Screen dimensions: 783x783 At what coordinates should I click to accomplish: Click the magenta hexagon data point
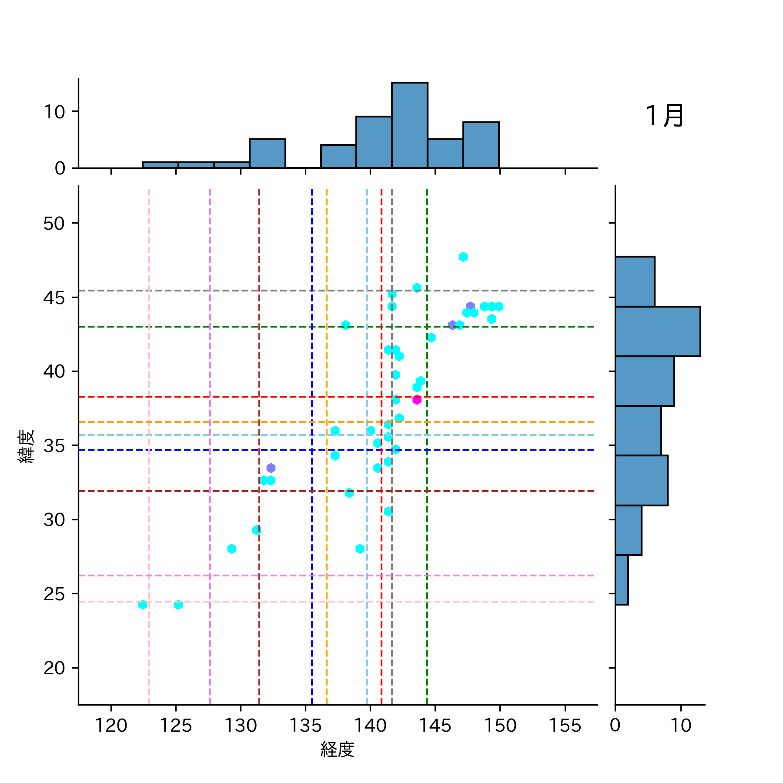pyautogui.click(x=417, y=399)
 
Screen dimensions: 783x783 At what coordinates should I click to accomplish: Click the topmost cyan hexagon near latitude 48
pyautogui.click(x=463, y=257)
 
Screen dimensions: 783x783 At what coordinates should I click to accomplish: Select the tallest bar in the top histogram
pyautogui.click(x=409, y=125)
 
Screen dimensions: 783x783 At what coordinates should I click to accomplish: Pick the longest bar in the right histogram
pyautogui.click(x=657, y=331)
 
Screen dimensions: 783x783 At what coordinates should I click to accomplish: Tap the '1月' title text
pyautogui.click(x=664, y=116)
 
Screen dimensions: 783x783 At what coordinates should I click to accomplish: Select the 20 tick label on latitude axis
pyautogui.click(x=54, y=668)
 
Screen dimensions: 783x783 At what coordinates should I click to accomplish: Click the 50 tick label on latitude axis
pyautogui.click(x=54, y=224)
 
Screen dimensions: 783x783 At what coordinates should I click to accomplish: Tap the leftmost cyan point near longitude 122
pyautogui.click(x=143, y=605)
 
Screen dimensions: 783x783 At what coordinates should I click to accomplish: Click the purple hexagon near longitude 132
pyautogui.click(x=271, y=468)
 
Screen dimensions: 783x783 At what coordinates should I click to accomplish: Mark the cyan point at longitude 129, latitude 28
pyautogui.click(x=232, y=549)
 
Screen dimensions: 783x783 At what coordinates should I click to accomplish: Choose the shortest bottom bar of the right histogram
pyautogui.click(x=622, y=580)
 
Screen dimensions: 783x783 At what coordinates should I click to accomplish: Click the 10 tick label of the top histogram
pyautogui.click(x=54, y=112)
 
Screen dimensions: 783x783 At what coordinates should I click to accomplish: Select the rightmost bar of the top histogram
pyautogui.click(x=481, y=145)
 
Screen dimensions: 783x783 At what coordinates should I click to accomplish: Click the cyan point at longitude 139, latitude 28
pyautogui.click(x=360, y=549)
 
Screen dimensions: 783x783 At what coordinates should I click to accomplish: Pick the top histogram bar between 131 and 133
pyautogui.click(x=267, y=154)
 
